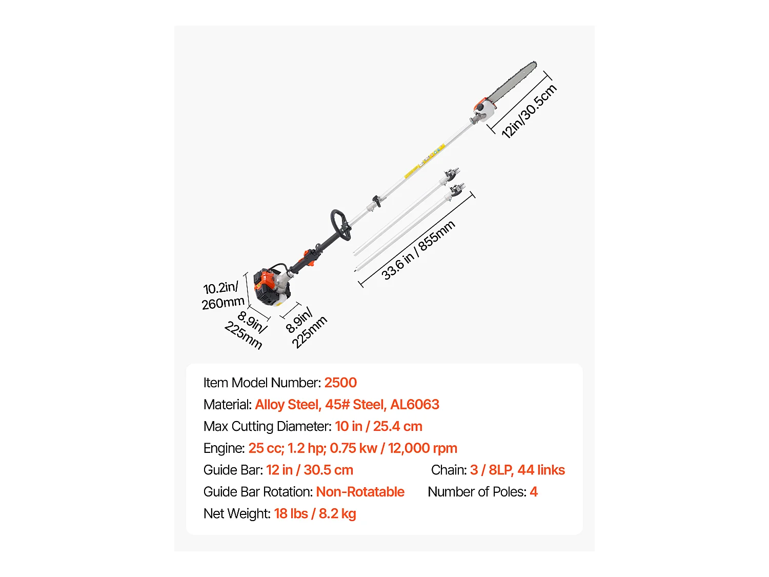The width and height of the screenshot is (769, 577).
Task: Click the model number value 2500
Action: click(340, 383)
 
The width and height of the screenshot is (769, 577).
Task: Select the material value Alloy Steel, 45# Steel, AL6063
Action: click(347, 405)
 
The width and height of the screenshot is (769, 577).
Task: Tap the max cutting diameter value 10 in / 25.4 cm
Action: click(378, 426)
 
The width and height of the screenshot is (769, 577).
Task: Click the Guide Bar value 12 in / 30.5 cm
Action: click(310, 470)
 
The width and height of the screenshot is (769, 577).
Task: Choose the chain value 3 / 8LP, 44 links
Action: click(517, 470)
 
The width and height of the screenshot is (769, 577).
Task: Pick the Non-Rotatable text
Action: click(360, 492)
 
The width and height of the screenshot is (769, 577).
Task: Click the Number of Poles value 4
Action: click(534, 492)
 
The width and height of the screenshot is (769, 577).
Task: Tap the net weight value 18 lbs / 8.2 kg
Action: click(315, 513)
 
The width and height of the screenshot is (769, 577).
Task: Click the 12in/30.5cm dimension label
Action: click(529, 112)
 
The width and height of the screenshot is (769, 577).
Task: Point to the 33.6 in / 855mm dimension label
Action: click(418, 250)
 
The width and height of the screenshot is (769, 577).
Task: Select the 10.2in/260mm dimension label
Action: click(222, 296)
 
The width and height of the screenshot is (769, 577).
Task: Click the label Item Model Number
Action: click(262, 383)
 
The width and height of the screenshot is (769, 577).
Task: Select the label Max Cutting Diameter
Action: click(267, 426)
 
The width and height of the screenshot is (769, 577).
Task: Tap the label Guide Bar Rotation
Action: click(258, 492)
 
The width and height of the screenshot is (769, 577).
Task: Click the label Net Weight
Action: click(237, 513)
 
